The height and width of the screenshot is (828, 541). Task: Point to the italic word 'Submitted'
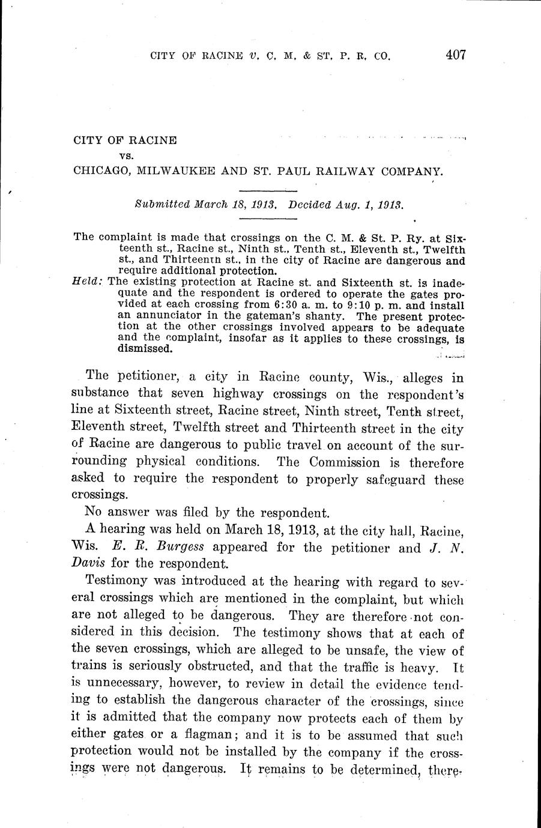[x=162, y=204]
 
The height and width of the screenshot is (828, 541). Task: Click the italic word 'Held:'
[x=87, y=281]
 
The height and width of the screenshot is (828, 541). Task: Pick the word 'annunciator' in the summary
[x=153, y=314]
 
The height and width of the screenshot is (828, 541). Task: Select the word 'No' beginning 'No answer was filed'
[x=93, y=513]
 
